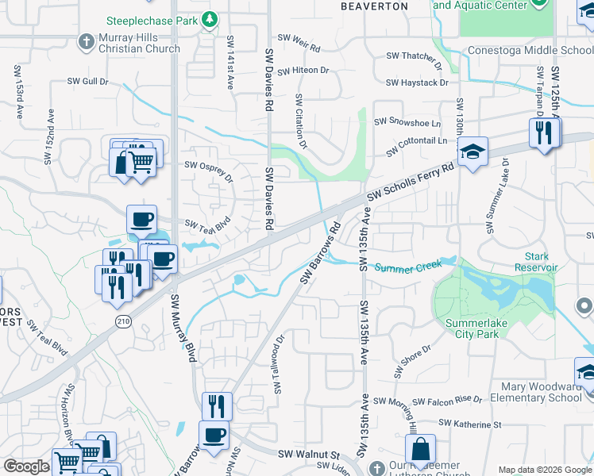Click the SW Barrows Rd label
coord(320,252)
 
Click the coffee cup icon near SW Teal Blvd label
coord(141,220)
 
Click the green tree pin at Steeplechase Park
coord(210,17)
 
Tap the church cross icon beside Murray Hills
coord(87,40)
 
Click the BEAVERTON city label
coord(374,6)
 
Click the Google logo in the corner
coord(25,466)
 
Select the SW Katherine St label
coord(470,425)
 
